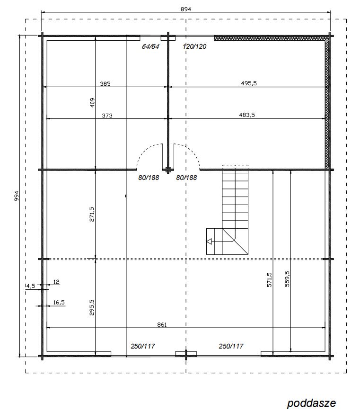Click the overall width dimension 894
[x=186, y=9]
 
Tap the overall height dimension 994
[x=17, y=196]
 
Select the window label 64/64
[x=150, y=46]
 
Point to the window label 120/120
[x=194, y=46]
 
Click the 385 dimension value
[x=105, y=84]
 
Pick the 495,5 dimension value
[x=249, y=83]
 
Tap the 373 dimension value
[x=107, y=116]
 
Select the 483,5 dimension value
[x=246, y=115]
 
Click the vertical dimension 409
[x=92, y=103]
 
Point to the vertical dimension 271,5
[x=92, y=214]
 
